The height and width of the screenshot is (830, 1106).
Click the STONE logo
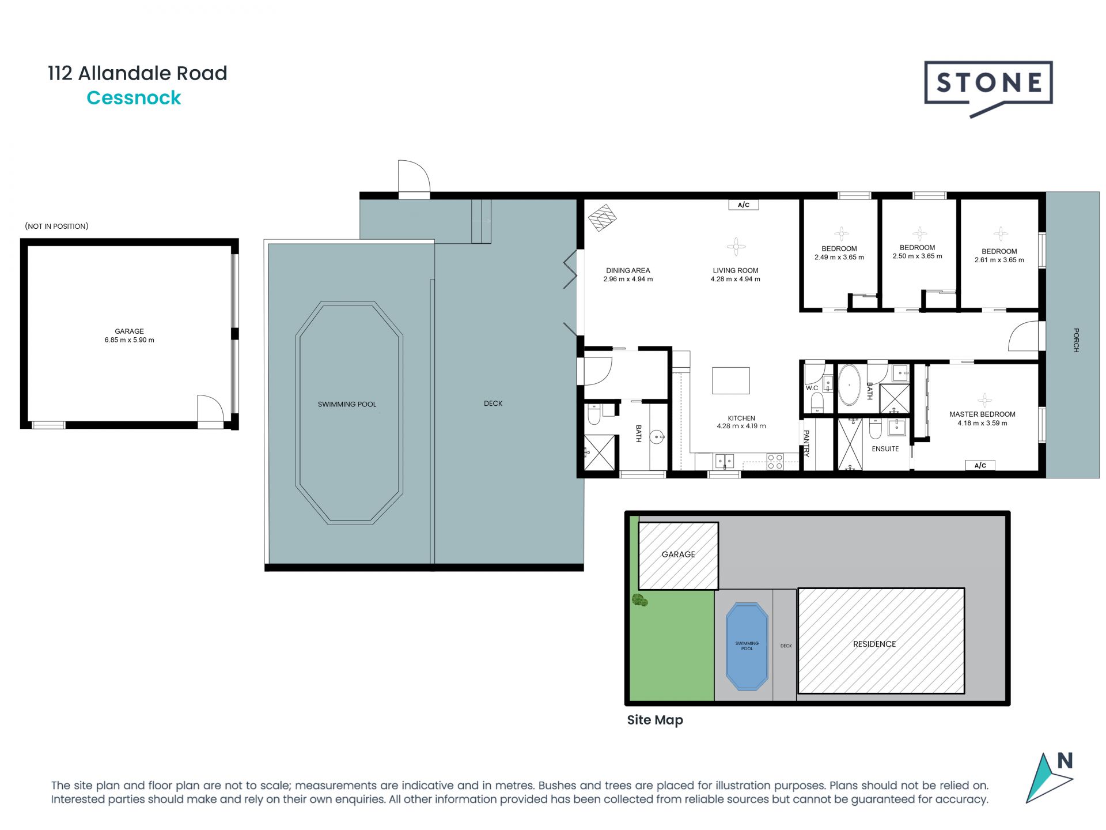pyautogui.click(x=988, y=84)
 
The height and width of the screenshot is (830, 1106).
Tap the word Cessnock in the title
pyautogui.click(x=134, y=98)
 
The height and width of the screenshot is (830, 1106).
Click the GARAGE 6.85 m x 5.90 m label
pyautogui.click(x=129, y=335)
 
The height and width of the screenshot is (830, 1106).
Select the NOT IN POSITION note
pyautogui.click(x=56, y=226)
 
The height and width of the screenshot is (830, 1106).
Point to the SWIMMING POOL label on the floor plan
pyautogui.click(x=347, y=404)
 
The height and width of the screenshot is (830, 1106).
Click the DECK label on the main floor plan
pyautogui.click(x=493, y=403)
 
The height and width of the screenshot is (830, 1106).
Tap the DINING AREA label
pyautogui.click(x=628, y=270)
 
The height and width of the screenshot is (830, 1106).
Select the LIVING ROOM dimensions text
pyautogui.click(x=735, y=279)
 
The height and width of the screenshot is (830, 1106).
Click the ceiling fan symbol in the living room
pyautogui.click(x=736, y=247)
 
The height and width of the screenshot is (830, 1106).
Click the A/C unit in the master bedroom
pyautogui.click(x=980, y=465)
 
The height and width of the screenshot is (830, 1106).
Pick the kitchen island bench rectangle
pyautogui.click(x=730, y=380)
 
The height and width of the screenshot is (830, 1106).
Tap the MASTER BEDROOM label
pyautogui.click(x=982, y=414)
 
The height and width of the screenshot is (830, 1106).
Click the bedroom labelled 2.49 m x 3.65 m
pyautogui.click(x=839, y=253)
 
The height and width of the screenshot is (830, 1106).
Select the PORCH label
pyautogui.click(x=1075, y=340)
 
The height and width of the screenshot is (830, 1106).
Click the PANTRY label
pyautogui.click(x=806, y=443)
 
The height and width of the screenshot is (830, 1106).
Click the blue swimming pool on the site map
pyautogui.click(x=747, y=646)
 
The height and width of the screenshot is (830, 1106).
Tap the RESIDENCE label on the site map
pyautogui.click(x=874, y=644)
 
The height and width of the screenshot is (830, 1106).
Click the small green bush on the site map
pyautogui.click(x=639, y=600)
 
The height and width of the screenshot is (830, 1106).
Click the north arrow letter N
pyautogui.click(x=1065, y=761)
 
